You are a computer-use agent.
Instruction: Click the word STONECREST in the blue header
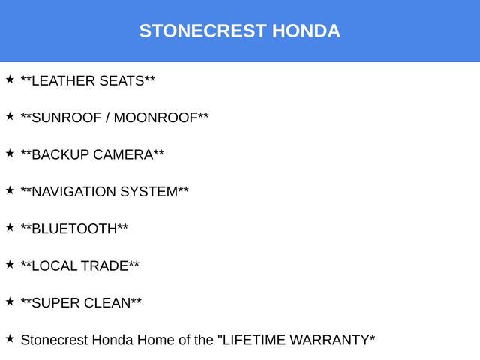click(203, 31)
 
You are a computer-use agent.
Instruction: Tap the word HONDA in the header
click(306, 31)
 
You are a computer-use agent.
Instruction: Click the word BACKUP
click(61, 154)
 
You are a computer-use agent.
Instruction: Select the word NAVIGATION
click(76, 192)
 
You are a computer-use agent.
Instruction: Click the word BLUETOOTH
click(75, 229)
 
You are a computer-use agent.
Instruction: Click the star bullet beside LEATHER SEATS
click(10, 79)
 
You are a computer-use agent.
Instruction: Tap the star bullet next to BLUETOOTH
click(10, 226)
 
